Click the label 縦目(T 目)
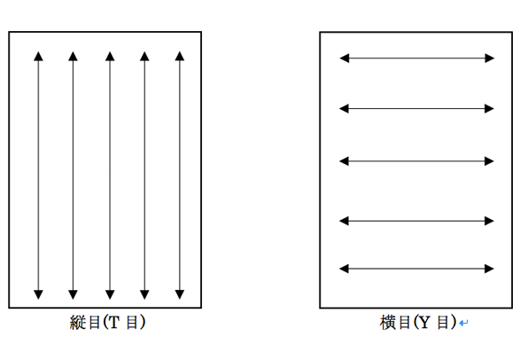tap(107, 322)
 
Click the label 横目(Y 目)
tap(418, 323)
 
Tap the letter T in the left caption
tap(113, 322)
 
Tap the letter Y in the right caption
tap(425, 323)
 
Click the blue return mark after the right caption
tap(463, 323)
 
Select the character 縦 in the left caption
tap(77, 322)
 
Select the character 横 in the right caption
tap(387, 323)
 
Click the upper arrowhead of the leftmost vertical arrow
tap(38, 57)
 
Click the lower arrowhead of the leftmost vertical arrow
tap(38, 294)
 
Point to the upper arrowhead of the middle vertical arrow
tap(110, 57)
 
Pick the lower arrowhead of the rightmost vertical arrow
tap(180, 294)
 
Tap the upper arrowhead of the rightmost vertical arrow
tap(180, 57)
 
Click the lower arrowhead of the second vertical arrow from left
tap(73, 294)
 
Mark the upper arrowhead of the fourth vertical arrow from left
tap(144, 57)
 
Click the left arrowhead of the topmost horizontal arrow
tap(345, 59)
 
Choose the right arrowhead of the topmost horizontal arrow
tap(490, 59)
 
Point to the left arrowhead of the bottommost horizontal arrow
tap(344, 269)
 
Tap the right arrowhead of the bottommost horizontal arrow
tap(490, 269)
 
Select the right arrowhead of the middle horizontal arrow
tap(490, 161)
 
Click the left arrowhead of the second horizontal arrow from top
tap(344, 108)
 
